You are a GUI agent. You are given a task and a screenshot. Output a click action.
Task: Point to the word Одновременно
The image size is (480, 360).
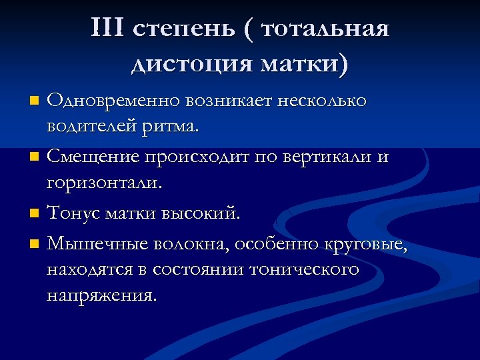[x=113, y=101]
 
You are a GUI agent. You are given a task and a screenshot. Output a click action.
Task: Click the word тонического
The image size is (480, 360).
[x=304, y=270]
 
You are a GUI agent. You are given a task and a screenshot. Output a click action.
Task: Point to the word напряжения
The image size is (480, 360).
[x=102, y=295]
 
